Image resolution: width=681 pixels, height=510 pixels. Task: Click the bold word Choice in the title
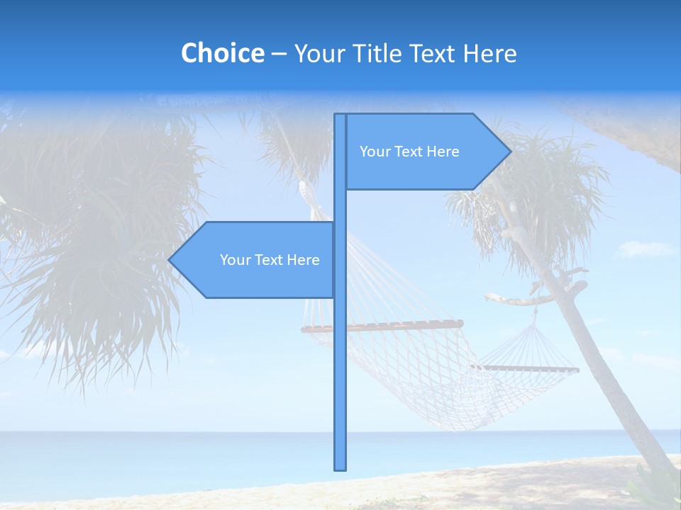(222, 53)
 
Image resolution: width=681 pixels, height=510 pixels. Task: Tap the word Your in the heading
(317, 53)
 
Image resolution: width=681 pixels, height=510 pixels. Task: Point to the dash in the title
(279, 54)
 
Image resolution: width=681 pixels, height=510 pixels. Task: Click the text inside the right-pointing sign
(409, 152)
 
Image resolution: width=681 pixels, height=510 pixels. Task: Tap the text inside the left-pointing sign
(270, 260)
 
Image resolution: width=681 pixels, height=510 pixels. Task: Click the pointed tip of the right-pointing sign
(509, 151)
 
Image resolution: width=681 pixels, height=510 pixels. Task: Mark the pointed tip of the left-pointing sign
(170, 260)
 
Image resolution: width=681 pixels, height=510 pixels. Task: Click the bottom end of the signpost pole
(340, 467)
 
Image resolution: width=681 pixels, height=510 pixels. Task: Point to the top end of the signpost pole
(340, 116)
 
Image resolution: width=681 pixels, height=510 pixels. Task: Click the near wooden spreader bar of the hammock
(383, 327)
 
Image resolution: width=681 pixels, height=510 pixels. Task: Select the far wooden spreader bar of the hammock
(525, 368)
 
